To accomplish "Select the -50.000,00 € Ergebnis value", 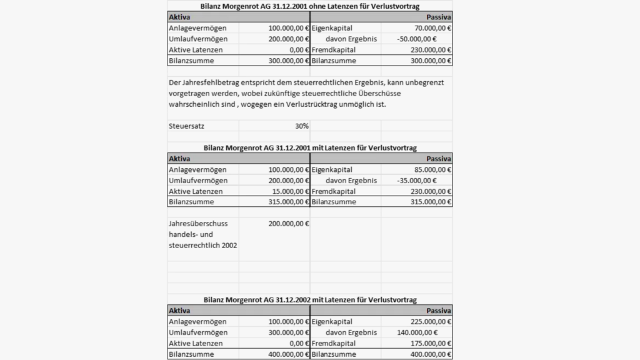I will (417, 39).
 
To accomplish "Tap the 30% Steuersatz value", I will (302, 126).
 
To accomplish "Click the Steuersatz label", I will (187, 126).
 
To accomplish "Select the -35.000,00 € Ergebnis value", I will (417, 181).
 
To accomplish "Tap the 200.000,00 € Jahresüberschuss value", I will (288, 223).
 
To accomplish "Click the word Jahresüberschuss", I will (197, 223).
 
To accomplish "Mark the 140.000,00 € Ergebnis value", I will (417, 332).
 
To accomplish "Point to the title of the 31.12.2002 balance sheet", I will (310, 300).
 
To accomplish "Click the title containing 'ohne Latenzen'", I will (310, 6).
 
